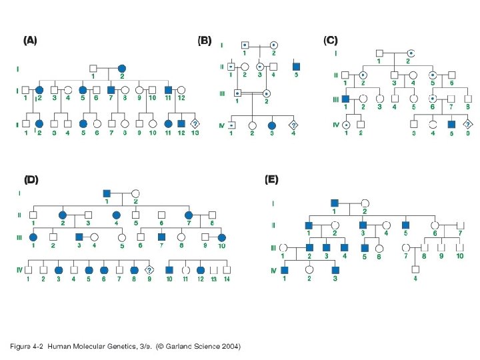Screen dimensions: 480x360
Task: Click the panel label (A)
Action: pyautogui.click(x=30, y=40)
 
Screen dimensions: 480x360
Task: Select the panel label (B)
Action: pyautogui.click(x=205, y=40)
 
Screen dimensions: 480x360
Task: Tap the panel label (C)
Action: pyautogui.click(x=331, y=40)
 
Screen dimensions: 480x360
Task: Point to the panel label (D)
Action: pyautogui.click(x=31, y=179)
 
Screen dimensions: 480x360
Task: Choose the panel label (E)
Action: pyautogui.click(x=271, y=179)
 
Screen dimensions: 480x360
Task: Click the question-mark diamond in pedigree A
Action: pyautogui.click(x=195, y=123)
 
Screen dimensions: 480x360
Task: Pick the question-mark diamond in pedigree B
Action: pyautogui.click(x=293, y=124)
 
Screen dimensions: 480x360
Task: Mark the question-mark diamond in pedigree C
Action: pyautogui.click(x=467, y=124)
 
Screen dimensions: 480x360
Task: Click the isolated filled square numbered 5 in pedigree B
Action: pyautogui.click(x=296, y=67)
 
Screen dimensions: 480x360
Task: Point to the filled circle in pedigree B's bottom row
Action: pyautogui.click(x=271, y=124)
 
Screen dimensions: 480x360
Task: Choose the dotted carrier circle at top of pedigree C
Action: pyautogui.click(x=412, y=53)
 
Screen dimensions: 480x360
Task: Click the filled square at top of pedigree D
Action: pyautogui.click(x=106, y=193)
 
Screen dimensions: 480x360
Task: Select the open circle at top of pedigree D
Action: pyautogui.click(x=135, y=193)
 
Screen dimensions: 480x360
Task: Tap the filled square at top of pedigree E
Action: pyautogui.click(x=335, y=202)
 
